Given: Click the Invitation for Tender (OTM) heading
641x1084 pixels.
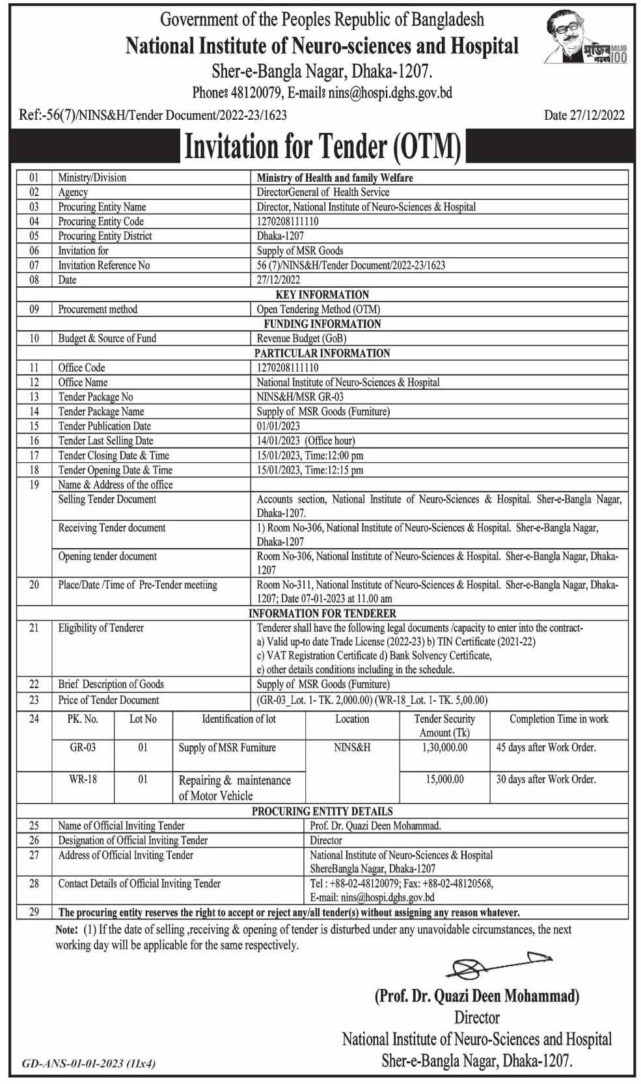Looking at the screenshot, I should click(x=323, y=146).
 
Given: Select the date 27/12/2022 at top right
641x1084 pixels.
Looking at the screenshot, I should click(x=584, y=115).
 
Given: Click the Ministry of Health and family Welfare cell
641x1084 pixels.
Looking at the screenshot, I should click(x=334, y=178).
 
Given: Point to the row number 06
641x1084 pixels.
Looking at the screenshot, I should click(x=34, y=251).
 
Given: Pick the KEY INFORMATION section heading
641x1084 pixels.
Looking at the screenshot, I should click(x=322, y=294).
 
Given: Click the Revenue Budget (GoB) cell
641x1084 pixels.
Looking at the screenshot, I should click(x=301, y=339).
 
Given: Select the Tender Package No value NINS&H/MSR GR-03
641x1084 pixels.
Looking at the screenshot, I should click(x=300, y=396).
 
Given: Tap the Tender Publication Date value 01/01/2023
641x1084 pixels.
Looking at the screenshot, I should click(x=278, y=426).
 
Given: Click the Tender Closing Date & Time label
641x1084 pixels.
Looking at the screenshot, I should click(x=113, y=456).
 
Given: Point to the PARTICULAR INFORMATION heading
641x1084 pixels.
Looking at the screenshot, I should click(x=322, y=353).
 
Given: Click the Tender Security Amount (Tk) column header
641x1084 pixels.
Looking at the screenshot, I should click(x=444, y=725).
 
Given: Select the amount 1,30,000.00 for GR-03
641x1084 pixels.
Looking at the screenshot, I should click(x=445, y=747).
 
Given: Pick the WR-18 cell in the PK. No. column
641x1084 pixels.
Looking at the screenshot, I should click(x=83, y=779).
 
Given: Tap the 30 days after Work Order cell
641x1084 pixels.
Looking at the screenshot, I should click(x=545, y=779).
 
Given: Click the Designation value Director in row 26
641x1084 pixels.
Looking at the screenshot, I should click(x=325, y=841).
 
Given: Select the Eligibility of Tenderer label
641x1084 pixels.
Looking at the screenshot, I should click(x=101, y=628).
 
